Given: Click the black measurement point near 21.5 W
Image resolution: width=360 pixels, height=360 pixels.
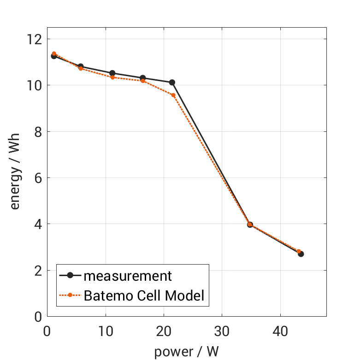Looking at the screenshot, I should [x=172, y=83].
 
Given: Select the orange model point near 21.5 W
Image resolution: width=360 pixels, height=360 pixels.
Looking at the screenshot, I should [x=173, y=95].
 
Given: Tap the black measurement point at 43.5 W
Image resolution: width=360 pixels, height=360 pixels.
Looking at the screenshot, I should [x=301, y=254].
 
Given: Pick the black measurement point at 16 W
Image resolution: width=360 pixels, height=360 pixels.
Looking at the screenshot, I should [x=143, y=78].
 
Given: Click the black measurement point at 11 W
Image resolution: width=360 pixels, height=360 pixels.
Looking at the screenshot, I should [x=112, y=73].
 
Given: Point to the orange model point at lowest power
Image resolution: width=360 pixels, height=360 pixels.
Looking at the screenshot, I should [x=54, y=53].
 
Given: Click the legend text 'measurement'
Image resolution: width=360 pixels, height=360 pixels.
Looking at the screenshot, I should [x=128, y=276].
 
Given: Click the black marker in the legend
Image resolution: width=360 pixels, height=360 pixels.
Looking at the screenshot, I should [x=70, y=276].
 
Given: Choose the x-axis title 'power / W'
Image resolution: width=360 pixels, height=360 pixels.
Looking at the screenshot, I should [x=186, y=352].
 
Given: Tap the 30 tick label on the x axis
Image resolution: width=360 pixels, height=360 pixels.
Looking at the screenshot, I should [x=222, y=331].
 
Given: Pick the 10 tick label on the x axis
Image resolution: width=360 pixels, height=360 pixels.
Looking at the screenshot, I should [x=106, y=331].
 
